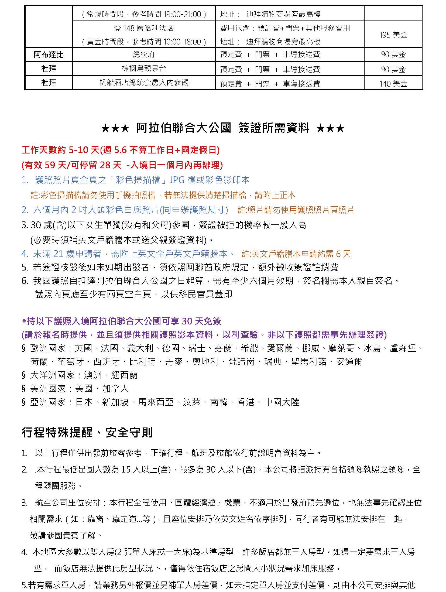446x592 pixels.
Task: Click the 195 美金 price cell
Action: (393, 35)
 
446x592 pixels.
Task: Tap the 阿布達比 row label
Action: (49, 55)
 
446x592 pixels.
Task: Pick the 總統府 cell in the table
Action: (144, 55)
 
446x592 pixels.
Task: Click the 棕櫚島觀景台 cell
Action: (144, 69)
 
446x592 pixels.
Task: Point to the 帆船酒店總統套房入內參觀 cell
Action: (144, 83)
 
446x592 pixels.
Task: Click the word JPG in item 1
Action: (177, 180)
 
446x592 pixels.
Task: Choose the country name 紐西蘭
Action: (124, 375)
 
